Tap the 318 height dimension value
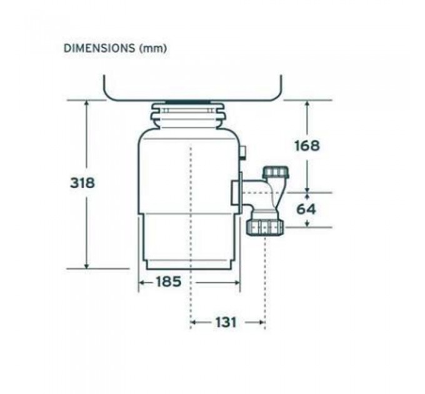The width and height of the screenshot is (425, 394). (82, 183)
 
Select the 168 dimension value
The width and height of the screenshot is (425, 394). (306, 146)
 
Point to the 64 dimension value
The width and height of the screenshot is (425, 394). (306, 209)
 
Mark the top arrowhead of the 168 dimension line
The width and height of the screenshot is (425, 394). (307, 104)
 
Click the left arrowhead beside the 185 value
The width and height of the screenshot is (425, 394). (142, 283)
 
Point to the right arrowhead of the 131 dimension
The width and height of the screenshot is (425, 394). (261, 323)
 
